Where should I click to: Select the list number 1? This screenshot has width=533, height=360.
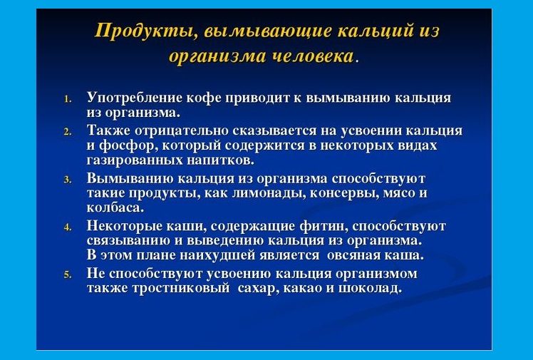[68, 99]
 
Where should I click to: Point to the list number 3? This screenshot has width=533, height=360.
[68, 180]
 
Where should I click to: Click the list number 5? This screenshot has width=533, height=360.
[68, 274]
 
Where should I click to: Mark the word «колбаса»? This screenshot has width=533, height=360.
[115, 207]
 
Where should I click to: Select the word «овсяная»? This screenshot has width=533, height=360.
[353, 255]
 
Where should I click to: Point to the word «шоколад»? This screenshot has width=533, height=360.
[370, 289]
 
